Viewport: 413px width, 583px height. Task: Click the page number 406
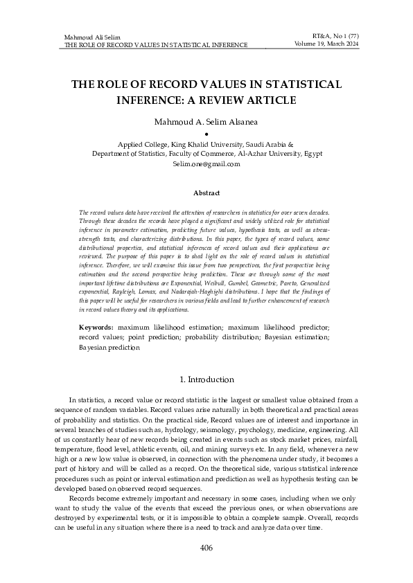point(206,548)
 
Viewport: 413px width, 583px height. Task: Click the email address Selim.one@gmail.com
point(206,164)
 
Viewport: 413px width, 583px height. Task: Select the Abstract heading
point(206,192)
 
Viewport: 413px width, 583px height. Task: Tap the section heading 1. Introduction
point(206,379)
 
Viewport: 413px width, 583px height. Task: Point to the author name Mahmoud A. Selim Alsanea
point(206,121)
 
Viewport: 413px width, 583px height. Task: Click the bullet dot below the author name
point(206,134)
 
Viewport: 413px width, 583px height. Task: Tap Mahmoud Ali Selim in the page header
point(90,36)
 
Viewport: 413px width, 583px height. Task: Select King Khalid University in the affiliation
point(197,144)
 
